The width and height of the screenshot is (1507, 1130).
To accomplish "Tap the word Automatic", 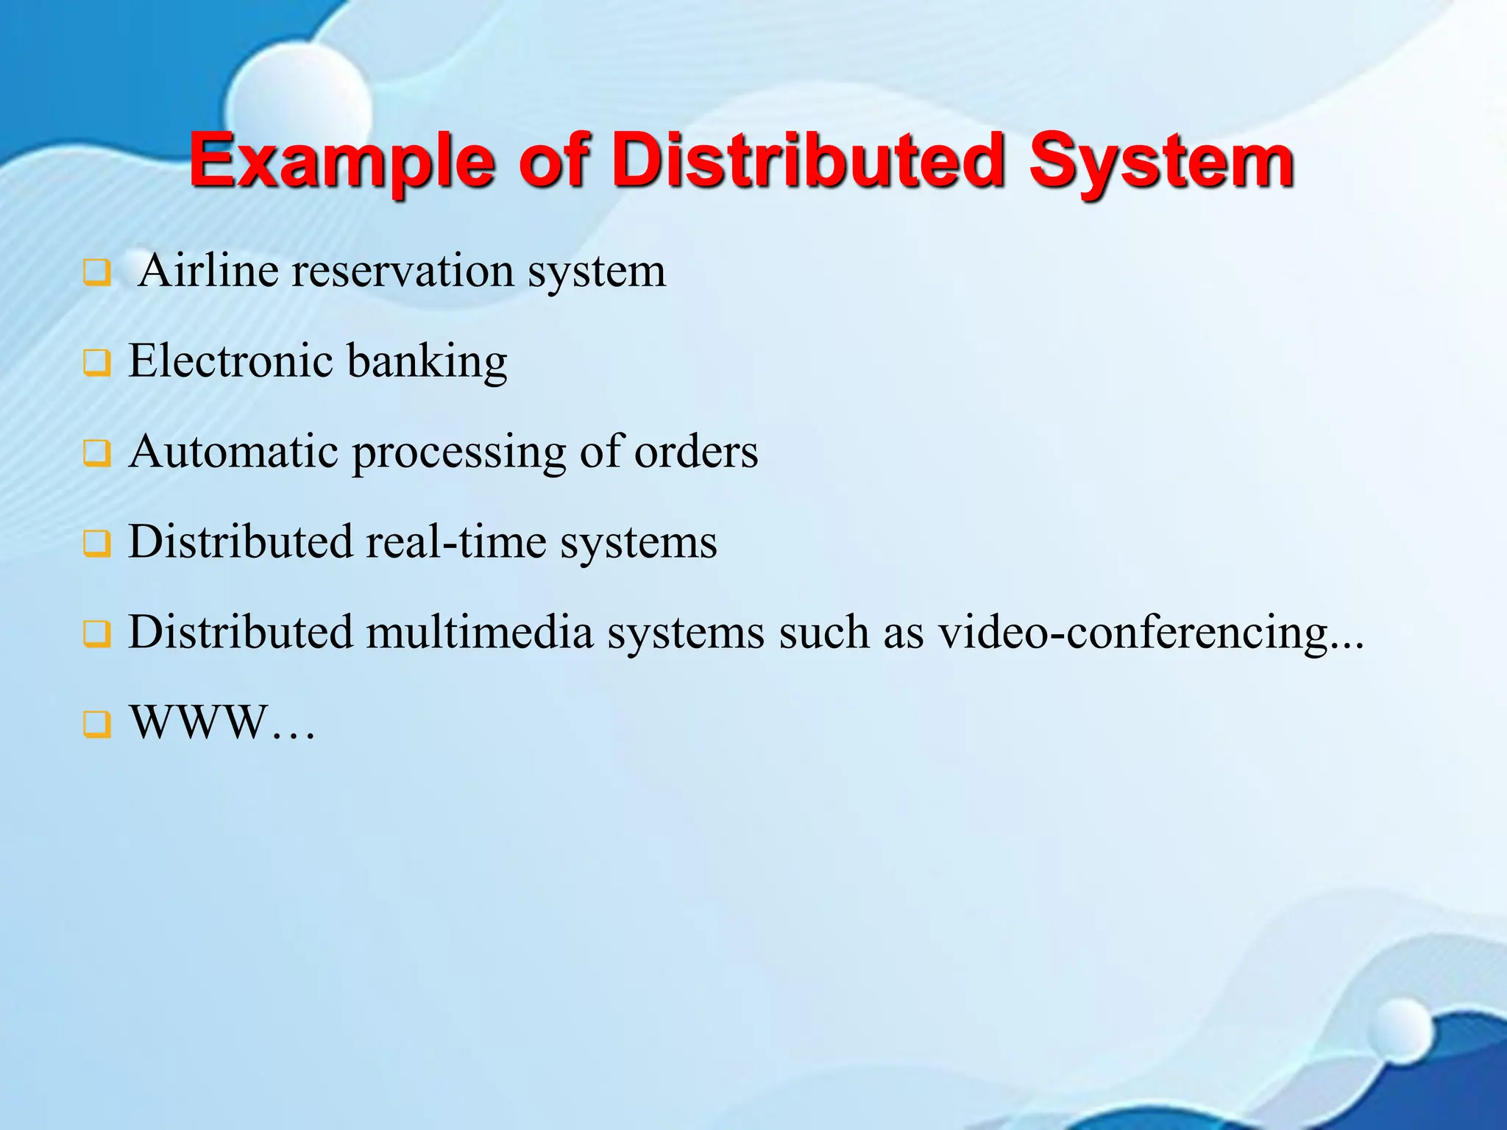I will (x=234, y=451).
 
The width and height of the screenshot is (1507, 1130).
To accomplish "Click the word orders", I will (x=696, y=451).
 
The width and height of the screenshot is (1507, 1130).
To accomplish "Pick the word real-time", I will (x=456, y=541).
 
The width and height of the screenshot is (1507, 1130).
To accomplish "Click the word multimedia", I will (x=480, y=632).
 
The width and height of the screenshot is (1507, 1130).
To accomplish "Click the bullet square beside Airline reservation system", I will (x=97, y=273).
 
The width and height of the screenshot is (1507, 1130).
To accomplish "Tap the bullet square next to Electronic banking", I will (x=97, y=363).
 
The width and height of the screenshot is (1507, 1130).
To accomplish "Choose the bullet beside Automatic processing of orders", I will (x=97, y=454).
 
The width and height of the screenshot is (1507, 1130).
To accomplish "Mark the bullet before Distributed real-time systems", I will (x=97, y=544).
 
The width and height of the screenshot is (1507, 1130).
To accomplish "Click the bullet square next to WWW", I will (x=97, y=725).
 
